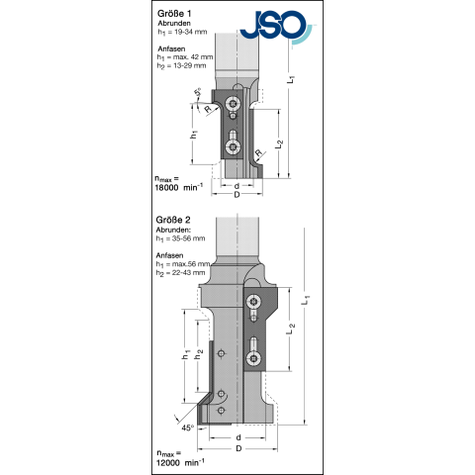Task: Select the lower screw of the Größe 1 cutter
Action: (x=233, y=147)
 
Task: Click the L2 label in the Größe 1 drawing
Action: (x=283, y=142)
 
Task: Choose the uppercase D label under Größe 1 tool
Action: (x=237, y=195)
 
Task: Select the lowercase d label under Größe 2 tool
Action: (x=239, y=437)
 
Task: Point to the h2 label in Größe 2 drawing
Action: (x=200, y=354)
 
